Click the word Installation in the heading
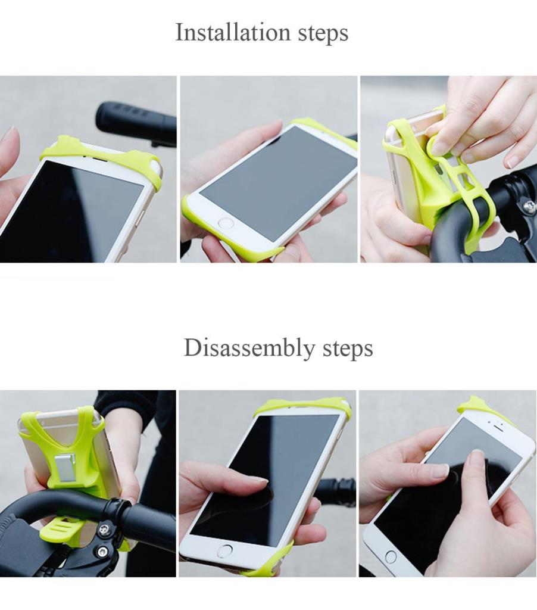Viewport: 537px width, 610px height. coord(233,32)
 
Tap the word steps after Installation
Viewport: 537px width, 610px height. coord(323,33)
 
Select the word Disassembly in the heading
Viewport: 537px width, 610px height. coord(249,347)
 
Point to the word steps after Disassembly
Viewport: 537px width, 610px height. coord(348,349)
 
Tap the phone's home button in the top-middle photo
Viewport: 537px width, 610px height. coord(226,223)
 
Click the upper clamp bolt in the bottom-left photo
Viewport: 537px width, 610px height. coord(104,529)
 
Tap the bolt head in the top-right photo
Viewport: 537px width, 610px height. coord(529,205)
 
